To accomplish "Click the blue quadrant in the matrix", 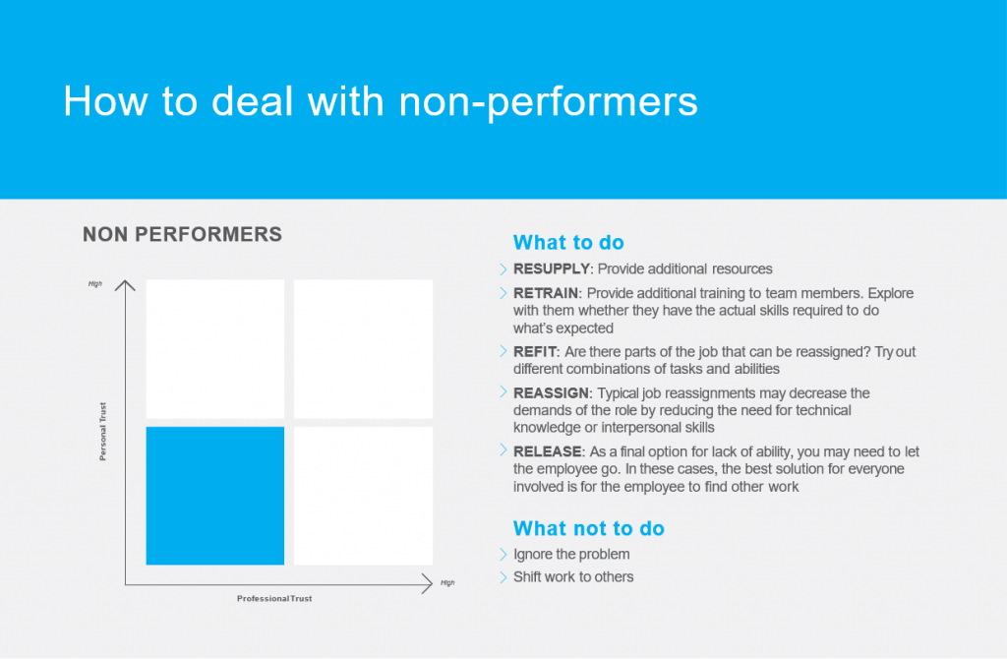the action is pyautogui.click(x=215, y=496).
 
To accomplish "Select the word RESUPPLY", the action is pyautogui.click(x=551, y=270).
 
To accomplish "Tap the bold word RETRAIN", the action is pyautogui.click(x=546, y=293).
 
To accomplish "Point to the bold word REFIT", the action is pyautogui.click(x=534, y=352).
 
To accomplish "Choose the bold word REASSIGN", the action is pyautogui.click(x=551, y=393).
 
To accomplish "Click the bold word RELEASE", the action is pyautogui.click(x=548, y=451).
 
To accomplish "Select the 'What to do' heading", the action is pyautogui.click(x=568, y=242).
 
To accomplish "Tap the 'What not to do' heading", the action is pyautogui.click(x=589, y=528).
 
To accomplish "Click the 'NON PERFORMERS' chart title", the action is pyautogui.click(x=182, y=234).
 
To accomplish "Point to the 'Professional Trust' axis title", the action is pyautogui.click(x=274, y=599).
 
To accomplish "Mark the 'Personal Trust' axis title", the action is pyautogui.click(x=102, y=432).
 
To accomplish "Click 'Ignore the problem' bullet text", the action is pyautogui.click(x=571, y=555).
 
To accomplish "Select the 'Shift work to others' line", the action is pyautogui.click(x=573, y=576).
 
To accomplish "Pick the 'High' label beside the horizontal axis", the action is pyautogui.click(x=447, y=583).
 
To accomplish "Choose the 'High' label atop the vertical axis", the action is pyautogui.click(x=95, y=284).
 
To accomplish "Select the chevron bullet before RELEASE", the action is pyautogui.click(x=503, y=450).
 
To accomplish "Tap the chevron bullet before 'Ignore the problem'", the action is pyautogui.click(x=503, y=554).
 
